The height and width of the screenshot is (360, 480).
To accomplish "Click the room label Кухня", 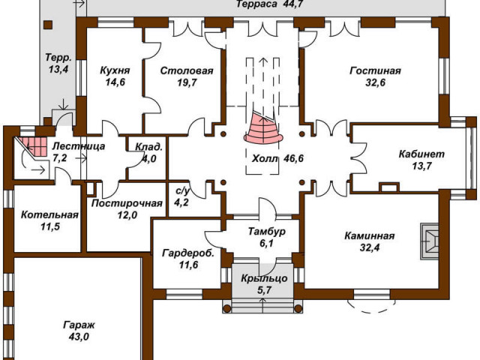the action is pos(115,70).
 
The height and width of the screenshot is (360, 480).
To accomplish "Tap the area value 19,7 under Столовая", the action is pos(187,82).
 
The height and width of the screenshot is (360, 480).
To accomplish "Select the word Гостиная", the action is pos(375,70).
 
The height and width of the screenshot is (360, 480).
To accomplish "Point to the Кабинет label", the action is pos(421,154).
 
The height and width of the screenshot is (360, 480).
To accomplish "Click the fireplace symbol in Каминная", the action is pos(430,241).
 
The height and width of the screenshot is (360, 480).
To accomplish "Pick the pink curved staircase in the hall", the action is pos(263,128).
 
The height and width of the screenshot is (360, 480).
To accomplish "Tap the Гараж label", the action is pos(79,325).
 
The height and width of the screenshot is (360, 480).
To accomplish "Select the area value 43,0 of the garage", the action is pos(79,337).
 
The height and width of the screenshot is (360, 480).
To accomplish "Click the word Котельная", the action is pos(49,215).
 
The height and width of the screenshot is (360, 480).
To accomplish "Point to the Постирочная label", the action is pos(127,203).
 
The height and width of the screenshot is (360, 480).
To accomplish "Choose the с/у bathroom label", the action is pos(182,191).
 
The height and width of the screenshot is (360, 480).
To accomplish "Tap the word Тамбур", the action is pos(267,232).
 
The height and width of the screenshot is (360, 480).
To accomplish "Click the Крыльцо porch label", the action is pos(264,278).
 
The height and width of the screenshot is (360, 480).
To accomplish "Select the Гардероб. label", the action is pos(188,253).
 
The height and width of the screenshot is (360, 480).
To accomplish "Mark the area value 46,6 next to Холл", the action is pos(293,158).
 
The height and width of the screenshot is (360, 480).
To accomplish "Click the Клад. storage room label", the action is pos(149,147).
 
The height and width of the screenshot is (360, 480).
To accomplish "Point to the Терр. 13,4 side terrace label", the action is pos(58,63).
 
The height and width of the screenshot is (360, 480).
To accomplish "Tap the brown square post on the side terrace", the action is pos(48,25).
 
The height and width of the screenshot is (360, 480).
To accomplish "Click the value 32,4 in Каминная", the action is pos(370,247).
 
